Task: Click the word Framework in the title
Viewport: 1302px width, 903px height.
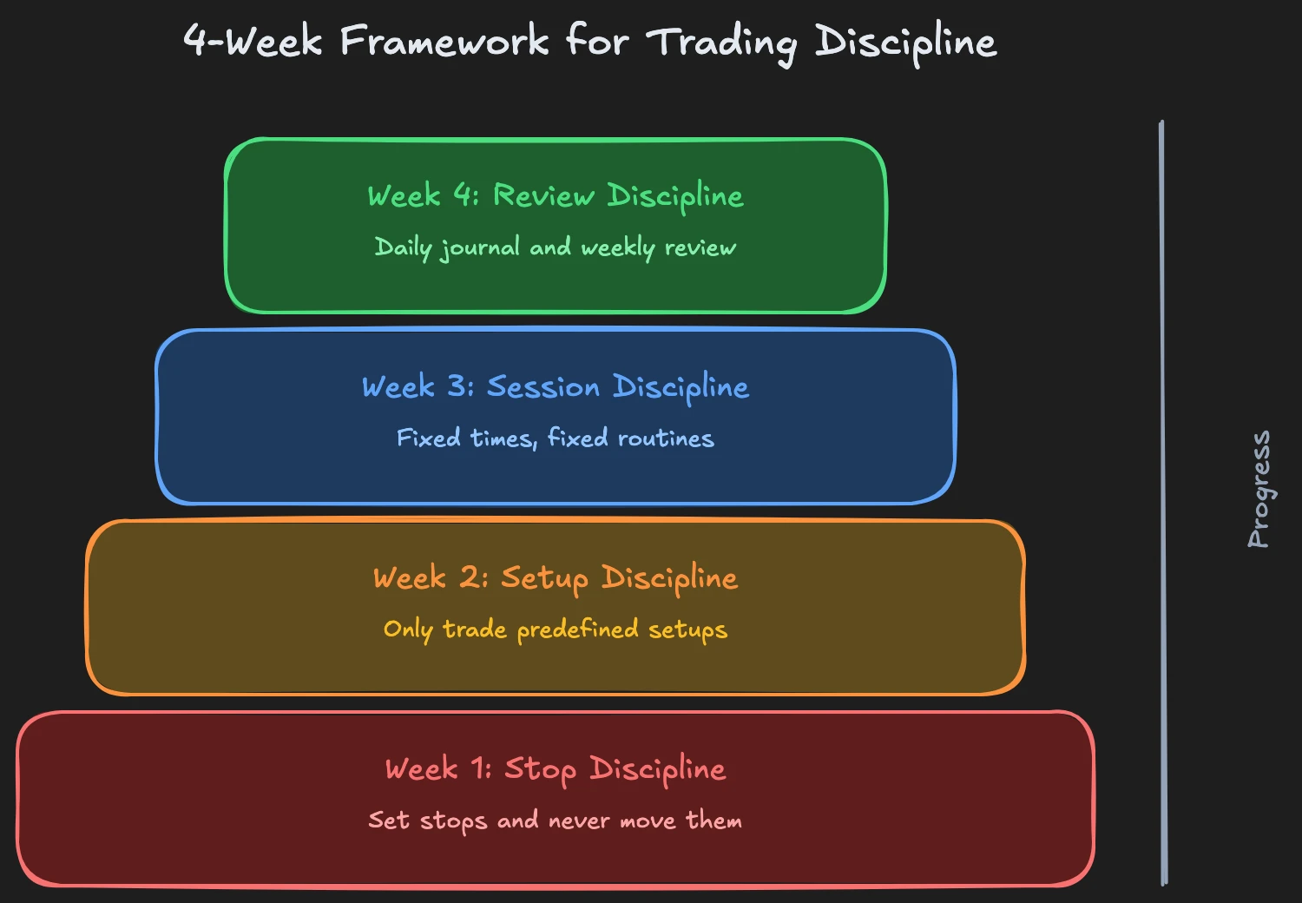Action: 444,41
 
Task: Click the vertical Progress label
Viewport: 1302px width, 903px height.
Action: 1259,489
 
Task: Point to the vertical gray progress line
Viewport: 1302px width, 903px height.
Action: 1162,504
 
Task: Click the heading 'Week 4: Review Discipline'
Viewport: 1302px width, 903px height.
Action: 556,195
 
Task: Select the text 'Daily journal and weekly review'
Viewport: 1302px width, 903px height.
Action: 556,247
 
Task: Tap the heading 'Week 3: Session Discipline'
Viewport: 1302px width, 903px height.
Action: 556,386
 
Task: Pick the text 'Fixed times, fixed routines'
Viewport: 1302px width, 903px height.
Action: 556,438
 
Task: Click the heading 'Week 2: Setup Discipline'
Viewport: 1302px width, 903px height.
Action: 556,577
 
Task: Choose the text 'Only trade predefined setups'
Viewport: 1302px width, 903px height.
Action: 556,629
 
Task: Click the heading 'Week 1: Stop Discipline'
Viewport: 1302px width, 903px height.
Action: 556,768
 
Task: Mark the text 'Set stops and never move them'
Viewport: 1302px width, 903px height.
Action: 556,820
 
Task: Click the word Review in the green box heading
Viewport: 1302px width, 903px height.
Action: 543,195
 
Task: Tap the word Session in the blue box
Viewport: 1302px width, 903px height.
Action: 542,386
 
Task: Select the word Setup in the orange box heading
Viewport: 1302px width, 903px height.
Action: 544,578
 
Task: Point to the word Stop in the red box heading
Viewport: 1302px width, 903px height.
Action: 540,769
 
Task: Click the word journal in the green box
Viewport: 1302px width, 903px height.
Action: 480,248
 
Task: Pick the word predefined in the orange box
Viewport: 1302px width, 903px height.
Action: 577,629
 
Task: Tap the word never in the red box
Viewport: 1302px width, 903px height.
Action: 579,821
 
